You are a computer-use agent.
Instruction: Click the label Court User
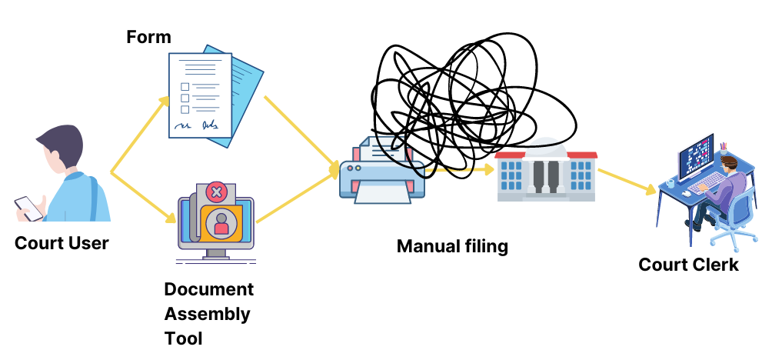(62, 244)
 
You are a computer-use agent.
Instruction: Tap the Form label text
(148, 37)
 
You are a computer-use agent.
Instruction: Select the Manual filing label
(452, 246)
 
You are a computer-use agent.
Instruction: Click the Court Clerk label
(688, 264)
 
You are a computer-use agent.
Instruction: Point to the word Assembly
(207, 314)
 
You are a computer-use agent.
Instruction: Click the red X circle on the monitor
(217, 192)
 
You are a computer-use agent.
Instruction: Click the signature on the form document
(196, 124)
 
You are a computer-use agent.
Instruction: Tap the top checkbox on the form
(185, 85)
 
